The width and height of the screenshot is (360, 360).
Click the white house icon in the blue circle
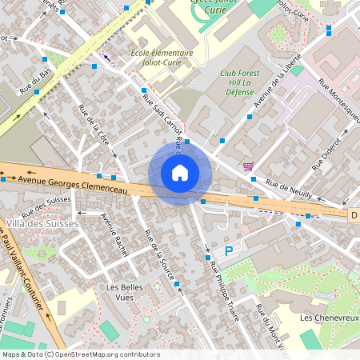tap(180, 172)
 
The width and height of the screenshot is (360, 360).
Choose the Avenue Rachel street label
tap(115, 229)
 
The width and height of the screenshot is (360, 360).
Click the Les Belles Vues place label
tap(130, 292)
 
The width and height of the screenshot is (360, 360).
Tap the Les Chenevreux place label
tap(327, 318)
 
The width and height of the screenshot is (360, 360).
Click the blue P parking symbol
tap(228, 251)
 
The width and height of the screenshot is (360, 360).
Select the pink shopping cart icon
tap(250, 166)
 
